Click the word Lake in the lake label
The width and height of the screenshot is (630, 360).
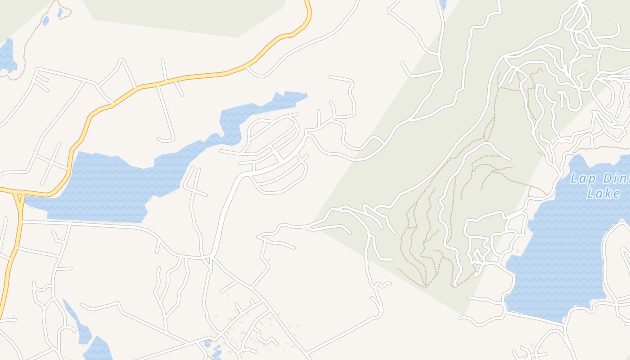[x=603, y=194]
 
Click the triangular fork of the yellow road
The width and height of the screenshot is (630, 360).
[x=18, y=198]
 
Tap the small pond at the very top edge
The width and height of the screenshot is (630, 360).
[x=443, y=4]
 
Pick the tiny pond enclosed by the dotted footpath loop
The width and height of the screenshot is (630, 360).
[x=60, y=13]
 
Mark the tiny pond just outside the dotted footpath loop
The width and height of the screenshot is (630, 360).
[x=45, y=21]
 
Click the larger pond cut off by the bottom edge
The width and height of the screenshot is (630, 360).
[x=98, y=349]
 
